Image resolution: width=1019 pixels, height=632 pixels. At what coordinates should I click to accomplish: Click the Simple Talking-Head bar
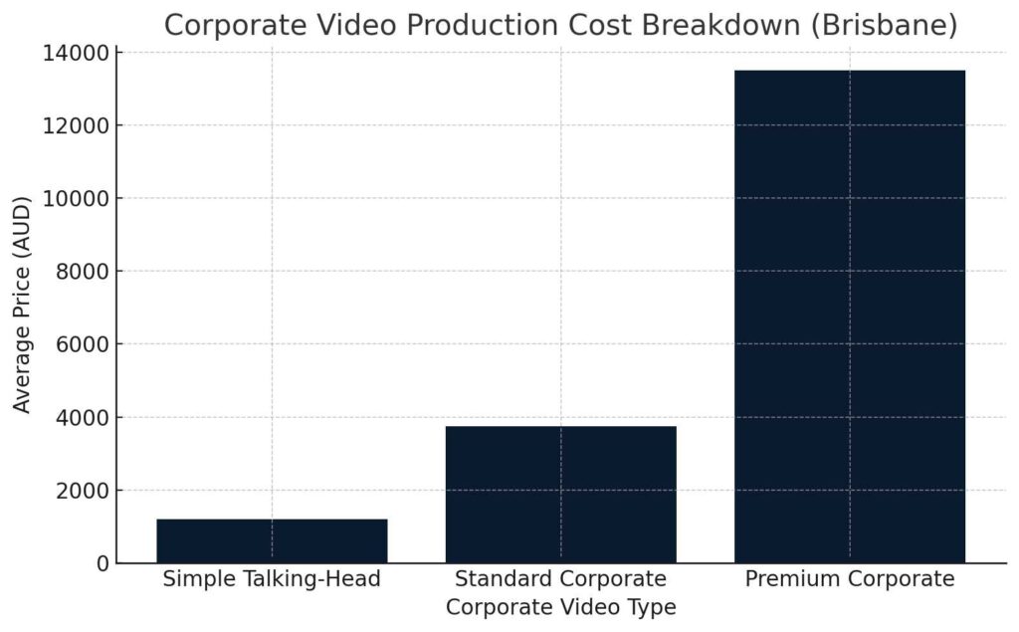point(272,540)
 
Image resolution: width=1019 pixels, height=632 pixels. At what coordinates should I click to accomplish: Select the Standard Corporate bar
point(560,495)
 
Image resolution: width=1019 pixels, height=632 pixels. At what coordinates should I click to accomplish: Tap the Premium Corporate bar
point(849,316)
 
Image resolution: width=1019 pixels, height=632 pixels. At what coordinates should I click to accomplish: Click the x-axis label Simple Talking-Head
point(272,579)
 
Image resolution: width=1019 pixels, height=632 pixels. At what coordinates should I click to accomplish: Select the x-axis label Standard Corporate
point(560,579)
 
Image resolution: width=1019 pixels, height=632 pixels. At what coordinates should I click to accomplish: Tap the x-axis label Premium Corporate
point(849,579)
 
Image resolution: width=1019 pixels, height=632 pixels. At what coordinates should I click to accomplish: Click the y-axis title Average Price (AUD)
point(23,305)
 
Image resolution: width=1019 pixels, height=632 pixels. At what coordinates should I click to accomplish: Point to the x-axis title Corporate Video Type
point(560,606)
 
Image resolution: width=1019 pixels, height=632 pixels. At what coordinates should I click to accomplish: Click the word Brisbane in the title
point(883,26)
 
